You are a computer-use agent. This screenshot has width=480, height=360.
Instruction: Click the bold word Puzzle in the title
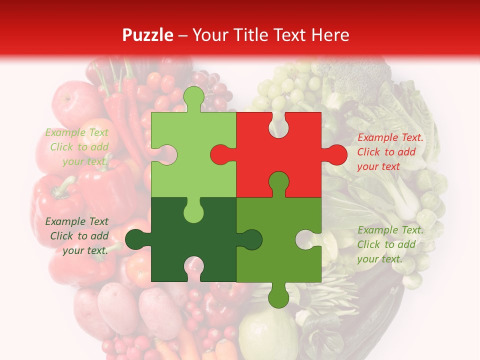coord(147,35)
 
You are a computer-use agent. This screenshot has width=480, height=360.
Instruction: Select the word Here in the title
coord(330,35)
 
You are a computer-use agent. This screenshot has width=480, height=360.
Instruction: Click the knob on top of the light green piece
coord(194,98)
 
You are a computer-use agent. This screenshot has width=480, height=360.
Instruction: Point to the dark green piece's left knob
coord(136,239)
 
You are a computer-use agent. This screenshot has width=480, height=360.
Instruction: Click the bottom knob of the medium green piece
coord(278,296)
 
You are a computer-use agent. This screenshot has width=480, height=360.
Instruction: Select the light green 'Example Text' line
coord(77,132)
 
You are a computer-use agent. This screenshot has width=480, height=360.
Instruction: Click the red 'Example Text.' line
coord(390,137)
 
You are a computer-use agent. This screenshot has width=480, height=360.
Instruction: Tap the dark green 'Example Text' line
coord(77,221)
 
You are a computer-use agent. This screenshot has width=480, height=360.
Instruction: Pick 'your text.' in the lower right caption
coord(379,259)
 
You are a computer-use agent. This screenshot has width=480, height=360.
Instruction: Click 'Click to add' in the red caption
coord(386,152)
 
